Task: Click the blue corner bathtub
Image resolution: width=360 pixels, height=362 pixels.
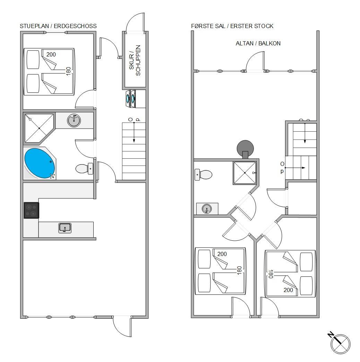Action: (x=40, y=163)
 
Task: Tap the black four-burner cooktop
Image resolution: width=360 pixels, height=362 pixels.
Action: (x=32, y=210)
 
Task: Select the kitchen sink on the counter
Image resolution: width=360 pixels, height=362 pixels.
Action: (x=65, y=228)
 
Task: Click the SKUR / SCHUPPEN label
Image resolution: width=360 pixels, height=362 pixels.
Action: (x=135, y=61)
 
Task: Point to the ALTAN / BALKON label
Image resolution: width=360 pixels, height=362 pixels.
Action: (x=258, y=43)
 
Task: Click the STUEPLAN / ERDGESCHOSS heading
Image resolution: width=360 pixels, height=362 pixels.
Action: (x=58, y=26)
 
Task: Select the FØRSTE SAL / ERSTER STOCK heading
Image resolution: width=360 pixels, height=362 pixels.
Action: (x=232, y=26)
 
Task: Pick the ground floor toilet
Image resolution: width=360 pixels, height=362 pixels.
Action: (x=84, y=169)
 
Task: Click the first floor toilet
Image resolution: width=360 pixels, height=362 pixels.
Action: (x=203, y=175)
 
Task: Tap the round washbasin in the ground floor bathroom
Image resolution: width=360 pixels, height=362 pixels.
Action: (x=74, y=120)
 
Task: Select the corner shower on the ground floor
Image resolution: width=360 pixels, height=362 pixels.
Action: (x=39, y=128)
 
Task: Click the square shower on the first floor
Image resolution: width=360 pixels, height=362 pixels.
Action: (x=245, y=173)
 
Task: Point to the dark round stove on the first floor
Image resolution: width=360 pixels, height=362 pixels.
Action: (x=245, y=149)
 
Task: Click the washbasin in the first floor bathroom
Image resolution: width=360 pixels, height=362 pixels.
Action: (x=207, y=209)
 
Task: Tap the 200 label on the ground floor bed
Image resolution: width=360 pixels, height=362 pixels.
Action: (x=51, y=54)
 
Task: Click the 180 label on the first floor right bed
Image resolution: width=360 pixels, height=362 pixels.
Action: (x=271, y=274)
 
